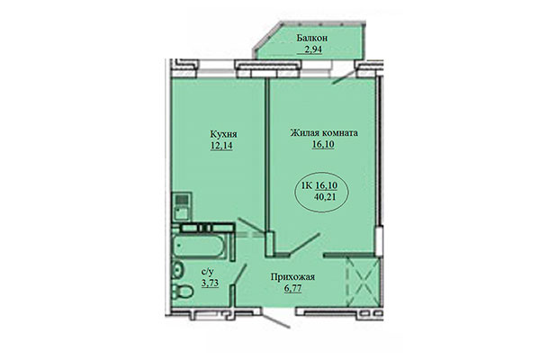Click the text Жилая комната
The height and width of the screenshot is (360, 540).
(x=324, y=133)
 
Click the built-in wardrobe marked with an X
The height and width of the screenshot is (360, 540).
(x=361, y=280)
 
